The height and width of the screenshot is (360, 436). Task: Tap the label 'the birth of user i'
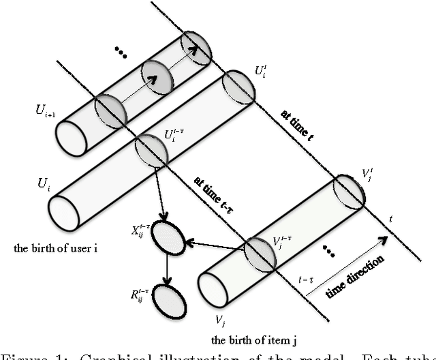click(x=54, y=248)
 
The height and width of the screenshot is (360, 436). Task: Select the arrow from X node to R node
click(x=165, y=269)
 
